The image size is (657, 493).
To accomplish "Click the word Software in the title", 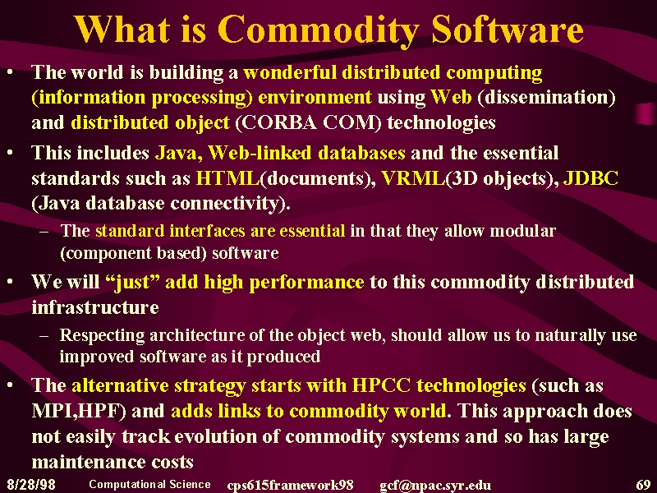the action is pyautogui.click(x=508, y=30).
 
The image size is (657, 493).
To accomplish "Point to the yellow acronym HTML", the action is pyautogui.click(x=228, y=178).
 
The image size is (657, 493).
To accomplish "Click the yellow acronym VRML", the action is pyautogui.click(x=414, y=178).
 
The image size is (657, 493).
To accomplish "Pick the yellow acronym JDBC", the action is pyautogui.click(x=590, y=178).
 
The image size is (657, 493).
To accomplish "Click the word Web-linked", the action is pyautogui.click(x=260, y=153).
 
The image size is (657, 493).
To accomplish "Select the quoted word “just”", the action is pyautogui.click(x=131, y=282).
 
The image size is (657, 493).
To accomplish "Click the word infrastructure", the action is pyautogui.click(x=95, y=307).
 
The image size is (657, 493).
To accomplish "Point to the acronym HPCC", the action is pyautogui.click(x=381, y=385).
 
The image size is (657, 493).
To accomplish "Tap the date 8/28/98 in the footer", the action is pyautogui.click(x=31, y=485).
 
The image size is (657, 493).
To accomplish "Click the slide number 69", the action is pyautogui.click(x=643, y=485).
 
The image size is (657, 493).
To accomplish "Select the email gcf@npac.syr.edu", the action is pyautogui.click(x=435, y=486).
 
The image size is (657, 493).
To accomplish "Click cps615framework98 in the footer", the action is pyautogui.click(x=290, y=486).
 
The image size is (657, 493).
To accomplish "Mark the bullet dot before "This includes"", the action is pyautogui.click(x=10, y=153).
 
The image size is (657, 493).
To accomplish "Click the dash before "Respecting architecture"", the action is pyautogui.click(x=44, y=336).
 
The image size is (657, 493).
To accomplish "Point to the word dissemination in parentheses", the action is pyautogui.click(x=546, y=97).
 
